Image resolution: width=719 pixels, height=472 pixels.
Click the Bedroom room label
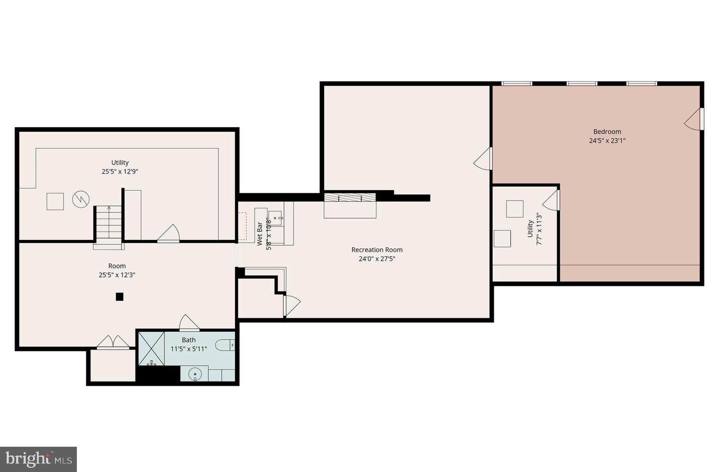pos(607,131)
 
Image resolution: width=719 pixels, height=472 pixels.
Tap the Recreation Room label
pos(377,249)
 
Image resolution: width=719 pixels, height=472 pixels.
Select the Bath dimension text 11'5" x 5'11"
pos(189,349)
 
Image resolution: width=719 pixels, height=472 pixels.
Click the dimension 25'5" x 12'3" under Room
pos(117,275)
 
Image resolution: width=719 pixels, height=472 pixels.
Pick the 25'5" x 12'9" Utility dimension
pos(120,171)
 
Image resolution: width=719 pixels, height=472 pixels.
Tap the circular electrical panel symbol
pos(80,199)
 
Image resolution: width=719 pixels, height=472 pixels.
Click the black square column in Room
pos(119,296)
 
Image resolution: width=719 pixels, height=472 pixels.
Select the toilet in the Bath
pos(225,345)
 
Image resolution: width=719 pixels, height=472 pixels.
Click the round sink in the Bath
pos(195,374)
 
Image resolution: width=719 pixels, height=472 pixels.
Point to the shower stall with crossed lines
pos(151,349)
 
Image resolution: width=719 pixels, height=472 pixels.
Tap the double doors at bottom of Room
pos(113,342)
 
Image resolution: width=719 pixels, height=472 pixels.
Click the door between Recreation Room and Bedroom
pos(483,158)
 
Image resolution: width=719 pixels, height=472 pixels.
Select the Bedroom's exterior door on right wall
pos(694,119)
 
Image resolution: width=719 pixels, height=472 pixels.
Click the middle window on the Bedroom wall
pos(582,84)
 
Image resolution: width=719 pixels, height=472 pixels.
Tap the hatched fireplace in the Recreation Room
pos(350,197)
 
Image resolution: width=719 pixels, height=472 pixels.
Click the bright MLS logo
pos(38,460)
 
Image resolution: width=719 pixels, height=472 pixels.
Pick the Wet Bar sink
pos(275,219)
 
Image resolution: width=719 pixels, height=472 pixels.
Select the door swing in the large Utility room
pos(168,233)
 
